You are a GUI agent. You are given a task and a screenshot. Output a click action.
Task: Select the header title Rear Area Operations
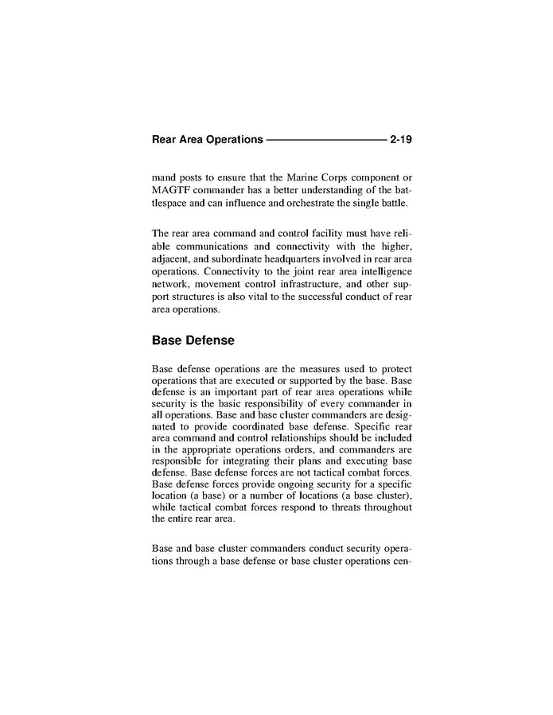[207, 140]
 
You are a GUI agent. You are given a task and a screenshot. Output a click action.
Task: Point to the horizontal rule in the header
[326, 140]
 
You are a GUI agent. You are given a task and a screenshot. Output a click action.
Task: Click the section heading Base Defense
[193, 340]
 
